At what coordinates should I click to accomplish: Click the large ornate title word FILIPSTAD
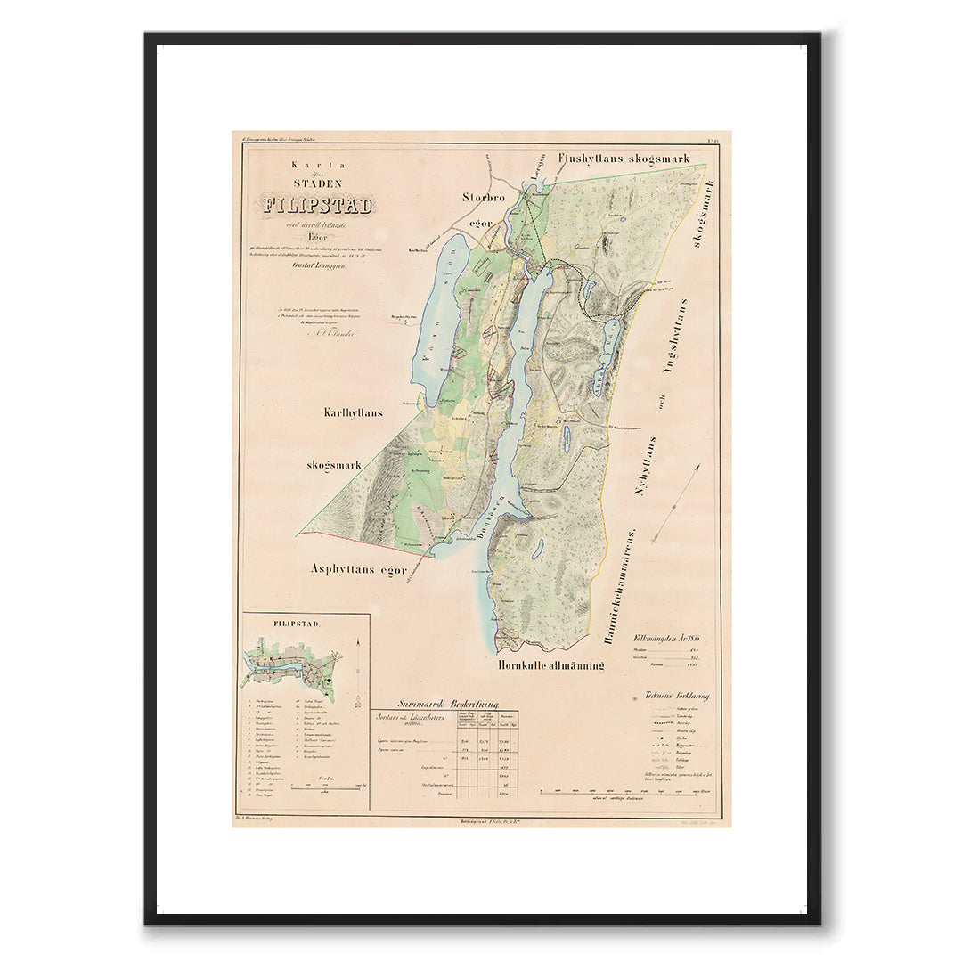click(x=317, y=205)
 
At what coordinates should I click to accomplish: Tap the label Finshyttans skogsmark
click(x=624, y=159)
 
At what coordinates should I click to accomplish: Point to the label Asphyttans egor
click(x=359, y=569)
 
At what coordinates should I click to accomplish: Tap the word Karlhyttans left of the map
click(x=354, y=412)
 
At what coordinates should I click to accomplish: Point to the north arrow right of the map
click(x=675, y=503)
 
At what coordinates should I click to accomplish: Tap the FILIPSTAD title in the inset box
click(x=273, y=624)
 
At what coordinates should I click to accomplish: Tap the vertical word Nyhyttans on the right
click(x=651, y=465)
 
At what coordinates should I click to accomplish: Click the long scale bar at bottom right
click(x=628, y=790)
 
